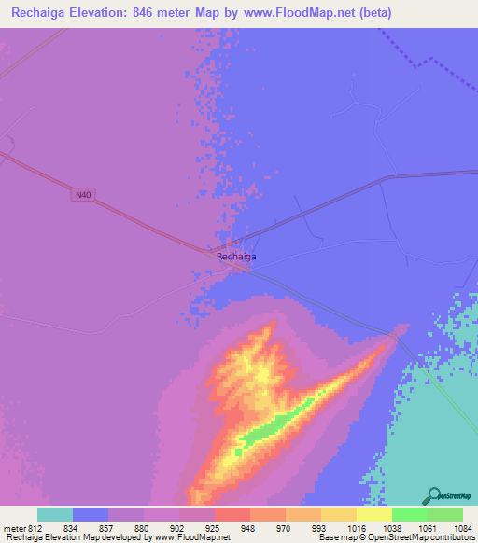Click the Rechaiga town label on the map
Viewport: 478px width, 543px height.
[x=236, y=256]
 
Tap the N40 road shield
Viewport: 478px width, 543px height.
[x=85, y=194]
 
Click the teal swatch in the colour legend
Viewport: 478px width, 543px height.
[x=55, y=514]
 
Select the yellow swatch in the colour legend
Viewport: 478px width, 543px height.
[x=373, y=514]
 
